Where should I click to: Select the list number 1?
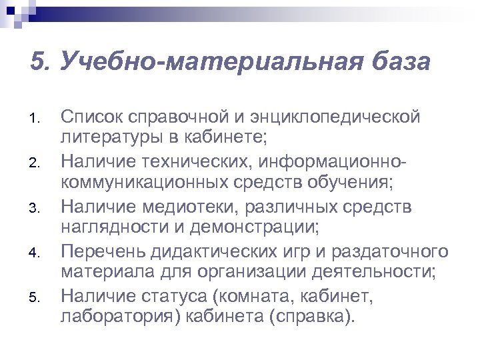tap(36, 120)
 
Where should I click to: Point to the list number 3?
tap(36, 211)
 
